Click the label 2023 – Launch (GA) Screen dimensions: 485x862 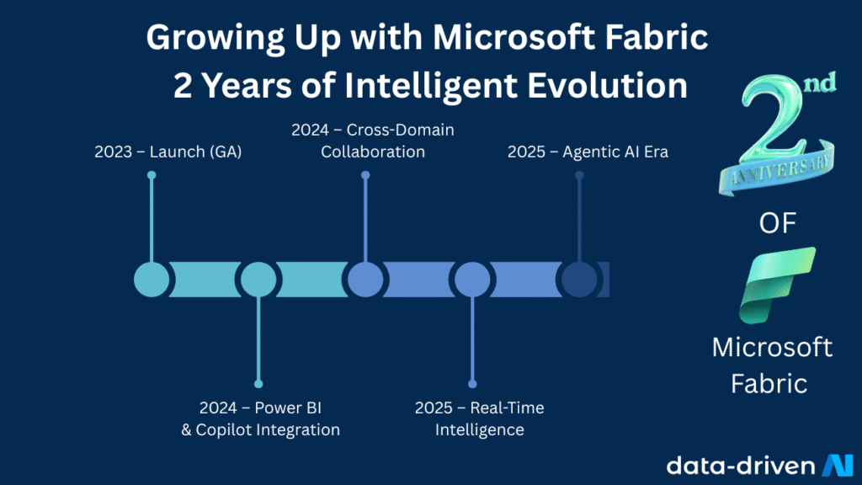coord(168,152)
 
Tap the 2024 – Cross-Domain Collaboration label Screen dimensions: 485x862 coord(372,141)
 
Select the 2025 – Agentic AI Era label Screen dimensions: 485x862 coord(588,152)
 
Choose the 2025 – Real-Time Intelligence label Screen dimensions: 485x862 coord(479,418)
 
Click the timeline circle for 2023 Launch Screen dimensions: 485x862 coord(152,280)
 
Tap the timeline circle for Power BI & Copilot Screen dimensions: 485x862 coord(258,280)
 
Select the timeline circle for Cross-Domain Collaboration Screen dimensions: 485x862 coord(365,280)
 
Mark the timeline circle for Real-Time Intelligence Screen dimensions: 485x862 coord(472,280)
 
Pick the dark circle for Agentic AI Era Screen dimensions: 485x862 coord(579,280)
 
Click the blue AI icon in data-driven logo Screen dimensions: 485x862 coord(837,465)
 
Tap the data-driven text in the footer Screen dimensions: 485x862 coord(740,465)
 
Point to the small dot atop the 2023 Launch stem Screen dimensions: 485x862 coord(152,175)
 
